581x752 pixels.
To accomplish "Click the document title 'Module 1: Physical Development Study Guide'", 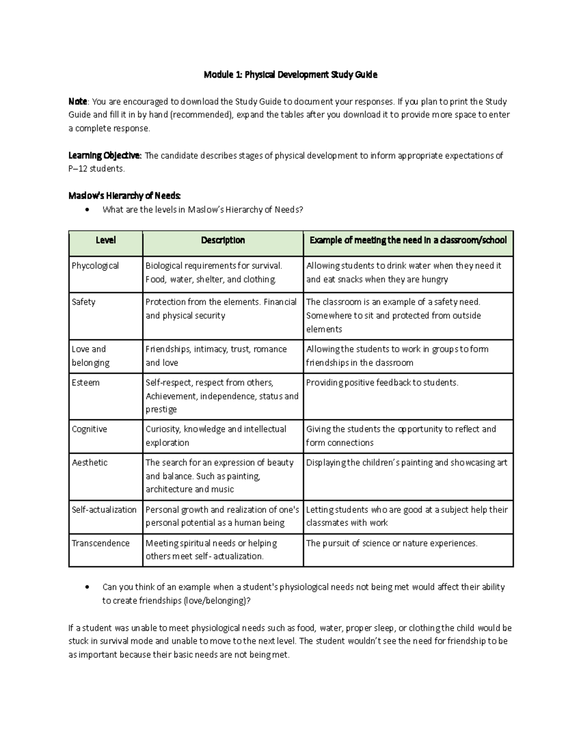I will pyautogui.click(x=290, y=75).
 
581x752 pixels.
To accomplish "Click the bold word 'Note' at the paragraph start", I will pyautogui.click(x=77, y=102).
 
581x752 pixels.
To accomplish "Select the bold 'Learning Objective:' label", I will pyautogui.click(x=105, y=155).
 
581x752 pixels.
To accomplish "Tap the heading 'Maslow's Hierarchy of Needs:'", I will pyautogui.click(x=124, y=196).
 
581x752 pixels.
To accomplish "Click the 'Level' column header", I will pyautogui.click(x=106, y=240).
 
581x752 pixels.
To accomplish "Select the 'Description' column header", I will pyautogui.click(x=223, y=240).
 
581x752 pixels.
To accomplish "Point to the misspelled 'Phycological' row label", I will pyautogui.click(x=95, y=266).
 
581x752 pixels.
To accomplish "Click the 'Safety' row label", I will pyautogui.click(x=84, y=302).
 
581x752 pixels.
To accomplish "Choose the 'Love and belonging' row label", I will pyautogui.click(x=91, y=356).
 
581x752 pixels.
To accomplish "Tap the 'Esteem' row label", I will pyautogui.click(x=86, y=383).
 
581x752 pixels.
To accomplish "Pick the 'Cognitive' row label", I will pyautogui.click(x=90, y=429).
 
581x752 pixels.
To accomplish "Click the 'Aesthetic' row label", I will pyautogui.click(x=90, y=462).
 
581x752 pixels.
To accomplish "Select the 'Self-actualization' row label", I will pyautogui.click(x=104, y=509).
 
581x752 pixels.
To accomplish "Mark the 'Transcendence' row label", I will pyautogui.click(x=101, y=543).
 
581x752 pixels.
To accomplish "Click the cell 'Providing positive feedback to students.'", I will pyautogui.click(x=382, y=383).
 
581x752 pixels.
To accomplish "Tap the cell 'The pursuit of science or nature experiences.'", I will pyautogui.click(x=392, y=543).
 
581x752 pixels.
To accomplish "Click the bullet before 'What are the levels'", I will pyautogui.click(x=87, y=210).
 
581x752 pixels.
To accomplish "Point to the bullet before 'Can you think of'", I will pyautogui.click(x=87, y=587).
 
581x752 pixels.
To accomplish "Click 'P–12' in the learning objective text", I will pyautogui.click(x=77, y=169).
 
